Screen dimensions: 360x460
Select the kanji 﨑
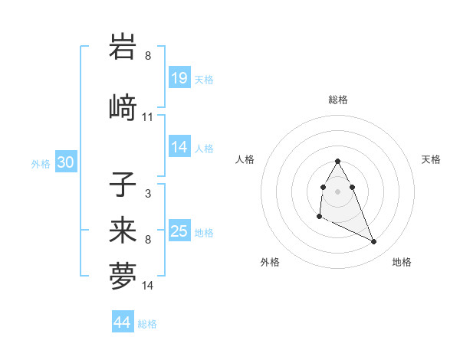pos(123,107)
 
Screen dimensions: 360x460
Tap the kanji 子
pos(123,185)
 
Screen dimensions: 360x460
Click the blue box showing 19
pos(179,78)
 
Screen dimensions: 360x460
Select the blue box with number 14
pos(179,147)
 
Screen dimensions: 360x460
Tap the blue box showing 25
pos(179,231)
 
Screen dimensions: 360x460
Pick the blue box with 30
pos(65,162)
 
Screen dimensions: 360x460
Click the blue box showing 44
pos(123,322)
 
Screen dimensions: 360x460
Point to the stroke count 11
pos(148,117)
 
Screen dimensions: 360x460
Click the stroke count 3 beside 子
pos(148,194)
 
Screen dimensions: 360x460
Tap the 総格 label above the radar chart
pos(338,100)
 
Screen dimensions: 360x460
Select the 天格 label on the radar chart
pos(431,159)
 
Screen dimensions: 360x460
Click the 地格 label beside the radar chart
pos(402,262)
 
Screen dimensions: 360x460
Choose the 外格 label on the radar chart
pos(270,262)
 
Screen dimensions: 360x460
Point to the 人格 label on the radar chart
pos(245,159)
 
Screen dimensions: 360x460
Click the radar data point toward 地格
pos(374,242)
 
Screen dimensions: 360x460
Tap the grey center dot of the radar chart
pos(338,191)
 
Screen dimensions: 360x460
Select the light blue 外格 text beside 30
pos(41,163)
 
